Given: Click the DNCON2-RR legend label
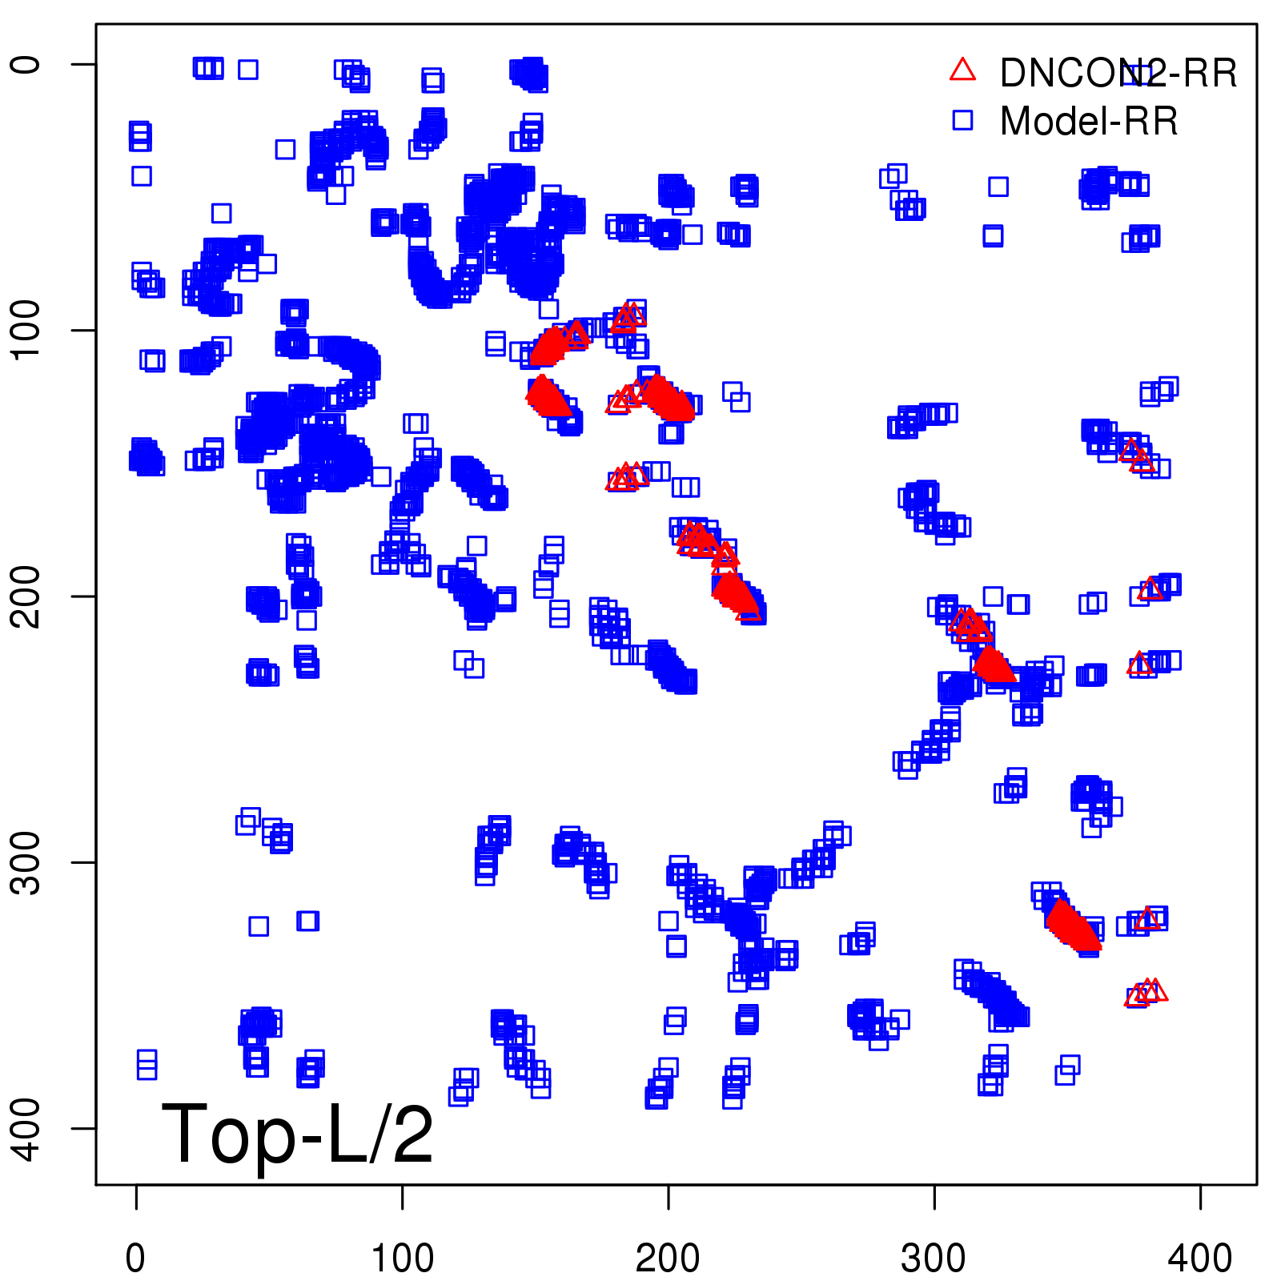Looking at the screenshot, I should (x=1118, y=74).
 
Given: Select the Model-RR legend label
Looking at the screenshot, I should (x=1089, y=122).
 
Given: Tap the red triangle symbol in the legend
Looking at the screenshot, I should (x=962, y=70).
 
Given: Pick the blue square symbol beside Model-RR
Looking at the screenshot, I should (x=962, y=120).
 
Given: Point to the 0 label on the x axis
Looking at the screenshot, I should (x=135, y=1259).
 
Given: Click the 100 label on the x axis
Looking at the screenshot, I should (x=402, y=1259).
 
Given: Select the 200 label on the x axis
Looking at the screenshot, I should (x=668, y=1259).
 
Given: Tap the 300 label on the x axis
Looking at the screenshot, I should (x=934, y=1259).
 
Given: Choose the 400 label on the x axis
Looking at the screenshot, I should (x=1199, y=1259).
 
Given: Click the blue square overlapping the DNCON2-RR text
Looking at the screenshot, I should (x=1135, y=74).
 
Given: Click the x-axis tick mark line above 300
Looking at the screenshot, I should (x=934, y=1197).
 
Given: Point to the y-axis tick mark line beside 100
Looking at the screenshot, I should (x=84, y=330).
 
